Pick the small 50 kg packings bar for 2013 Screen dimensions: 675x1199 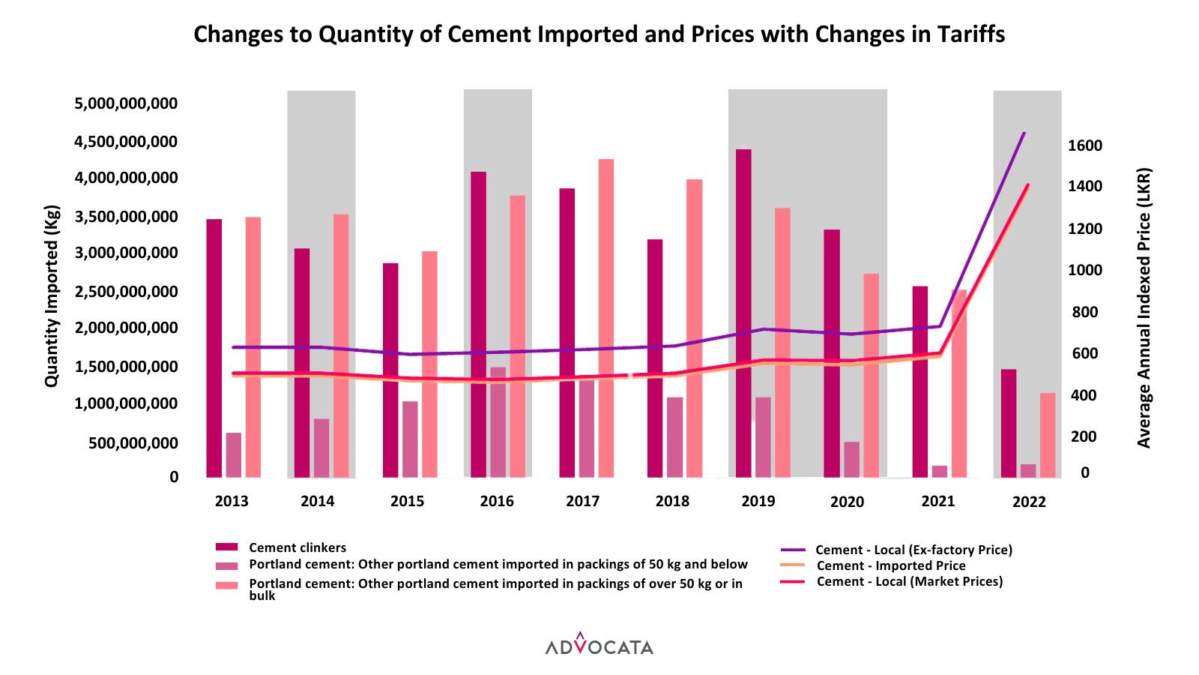(x=234, y=454)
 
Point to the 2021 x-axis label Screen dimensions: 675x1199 (x=938, y=501)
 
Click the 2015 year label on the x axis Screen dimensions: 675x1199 (x=407, y=501)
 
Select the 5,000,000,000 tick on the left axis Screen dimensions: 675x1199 (x=126, y=103)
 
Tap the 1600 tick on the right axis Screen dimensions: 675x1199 (x=1084, y=145)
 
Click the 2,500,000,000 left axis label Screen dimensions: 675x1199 (x=126, y=292)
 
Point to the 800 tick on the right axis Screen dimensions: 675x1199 (x=1084, y=312)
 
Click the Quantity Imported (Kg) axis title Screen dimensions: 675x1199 (x=52, y=296)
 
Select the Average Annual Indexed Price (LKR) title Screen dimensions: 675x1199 (x=1144, y=307)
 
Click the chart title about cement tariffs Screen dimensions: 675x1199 (x=599, y=34)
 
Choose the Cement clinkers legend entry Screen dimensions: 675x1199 (x=298, y=548)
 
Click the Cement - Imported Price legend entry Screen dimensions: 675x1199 (x=890, y=565)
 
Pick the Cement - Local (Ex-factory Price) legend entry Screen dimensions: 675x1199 (x=913, y=550)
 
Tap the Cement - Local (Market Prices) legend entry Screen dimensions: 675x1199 (x=909, y=581)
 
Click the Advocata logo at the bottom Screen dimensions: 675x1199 (x=599, y=645)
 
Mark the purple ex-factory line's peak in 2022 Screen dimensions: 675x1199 (x=1024, y=133)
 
